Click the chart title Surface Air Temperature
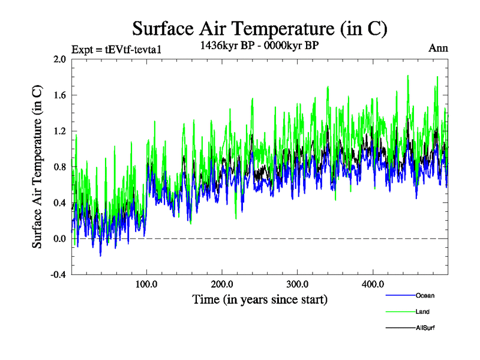point(260,28)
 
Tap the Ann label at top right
point(438,48)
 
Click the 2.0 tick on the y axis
point(59,59)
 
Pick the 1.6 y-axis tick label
point(59,95)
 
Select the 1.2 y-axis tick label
point(59,131)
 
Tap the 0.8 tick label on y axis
point(59,167)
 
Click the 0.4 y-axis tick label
point(59,203)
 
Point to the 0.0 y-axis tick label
point(59,239)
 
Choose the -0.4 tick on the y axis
point(58,275)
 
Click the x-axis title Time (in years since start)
point(260,299)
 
